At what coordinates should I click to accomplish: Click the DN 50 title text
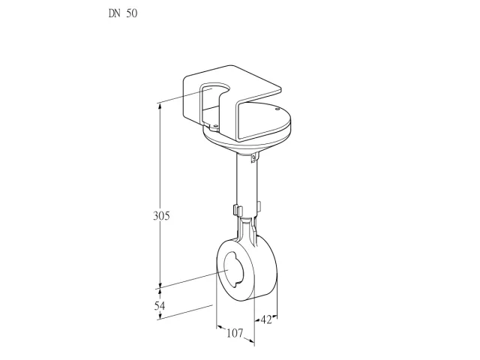(123, 13)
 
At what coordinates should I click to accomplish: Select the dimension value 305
(161, 216)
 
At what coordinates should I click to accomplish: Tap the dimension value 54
(160, 305)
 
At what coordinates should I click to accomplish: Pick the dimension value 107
(235, 333)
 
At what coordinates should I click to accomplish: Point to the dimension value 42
(266, 320)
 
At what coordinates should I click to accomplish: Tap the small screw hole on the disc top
(277, 109)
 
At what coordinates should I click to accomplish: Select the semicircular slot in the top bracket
(215, 88)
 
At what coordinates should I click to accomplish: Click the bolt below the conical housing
(253, 158)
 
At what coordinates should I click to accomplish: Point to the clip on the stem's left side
(238, 210)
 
